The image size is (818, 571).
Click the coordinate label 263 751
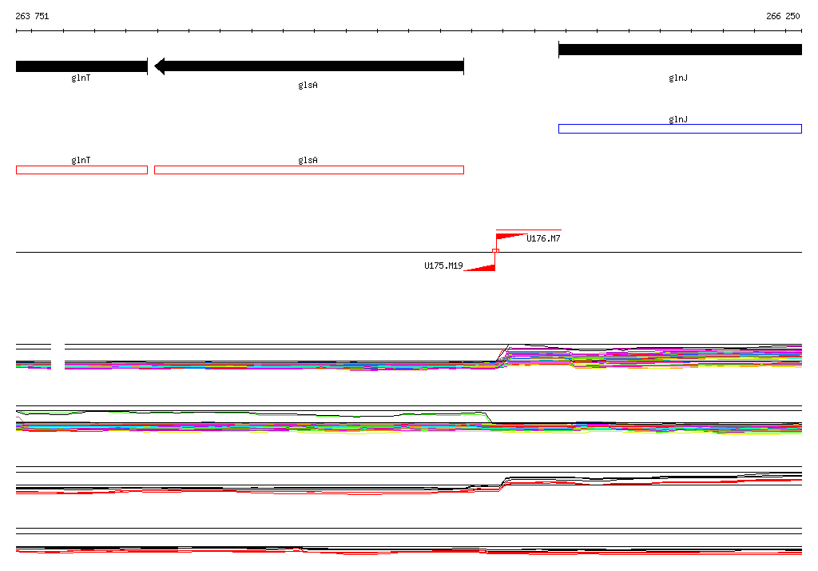coord(32,16)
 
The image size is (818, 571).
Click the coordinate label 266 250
coord(783,16)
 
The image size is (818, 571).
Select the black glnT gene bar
coord(82,66)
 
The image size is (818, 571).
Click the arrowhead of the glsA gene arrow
coord(160,66)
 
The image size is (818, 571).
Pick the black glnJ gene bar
coord(681,50)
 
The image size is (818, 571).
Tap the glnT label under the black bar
coord(81,78)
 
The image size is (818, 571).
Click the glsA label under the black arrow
coord(308,85)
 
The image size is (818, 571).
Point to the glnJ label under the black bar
coord(678,78)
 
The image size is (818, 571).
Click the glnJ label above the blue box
coord(678,120)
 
